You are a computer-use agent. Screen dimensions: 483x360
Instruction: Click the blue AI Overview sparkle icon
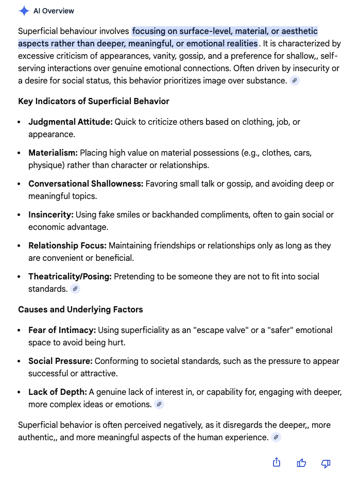(x=24, y=11)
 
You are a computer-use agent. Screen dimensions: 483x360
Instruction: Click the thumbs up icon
(x=301, y=463)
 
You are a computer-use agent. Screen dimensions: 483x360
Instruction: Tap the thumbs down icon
(x=325, y=463)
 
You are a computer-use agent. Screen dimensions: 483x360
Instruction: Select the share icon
(x=277, y=462)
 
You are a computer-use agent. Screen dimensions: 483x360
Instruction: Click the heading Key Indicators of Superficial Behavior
(x=94, y=101)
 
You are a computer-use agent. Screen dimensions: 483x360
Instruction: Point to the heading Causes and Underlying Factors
(x=80, y=309)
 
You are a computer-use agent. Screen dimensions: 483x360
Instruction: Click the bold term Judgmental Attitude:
(x=70, y=122)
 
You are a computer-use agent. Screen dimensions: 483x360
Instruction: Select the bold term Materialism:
(x=53, y=153)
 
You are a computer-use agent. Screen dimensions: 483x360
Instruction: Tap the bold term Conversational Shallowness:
(x=85, y=184)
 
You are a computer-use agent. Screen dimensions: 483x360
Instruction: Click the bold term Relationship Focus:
(x=67, y=245)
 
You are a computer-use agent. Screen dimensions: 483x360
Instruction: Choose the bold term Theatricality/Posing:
(x=70, y=276)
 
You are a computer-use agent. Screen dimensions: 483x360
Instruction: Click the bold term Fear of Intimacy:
(x=62, y=330)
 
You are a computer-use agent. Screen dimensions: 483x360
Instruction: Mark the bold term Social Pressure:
(x=60, y=361)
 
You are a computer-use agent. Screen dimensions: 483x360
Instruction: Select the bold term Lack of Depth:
(x=58, y=392)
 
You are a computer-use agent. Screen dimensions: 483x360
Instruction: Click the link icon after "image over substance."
(x=295, y=80)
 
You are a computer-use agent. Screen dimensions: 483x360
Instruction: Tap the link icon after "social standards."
(x=75, y=289)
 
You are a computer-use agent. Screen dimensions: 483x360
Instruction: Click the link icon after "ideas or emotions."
(x=159, y=404)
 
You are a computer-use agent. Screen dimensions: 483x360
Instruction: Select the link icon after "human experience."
(x=276, y=437)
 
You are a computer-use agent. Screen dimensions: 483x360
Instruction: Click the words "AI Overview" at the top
(x=54, y=11)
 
